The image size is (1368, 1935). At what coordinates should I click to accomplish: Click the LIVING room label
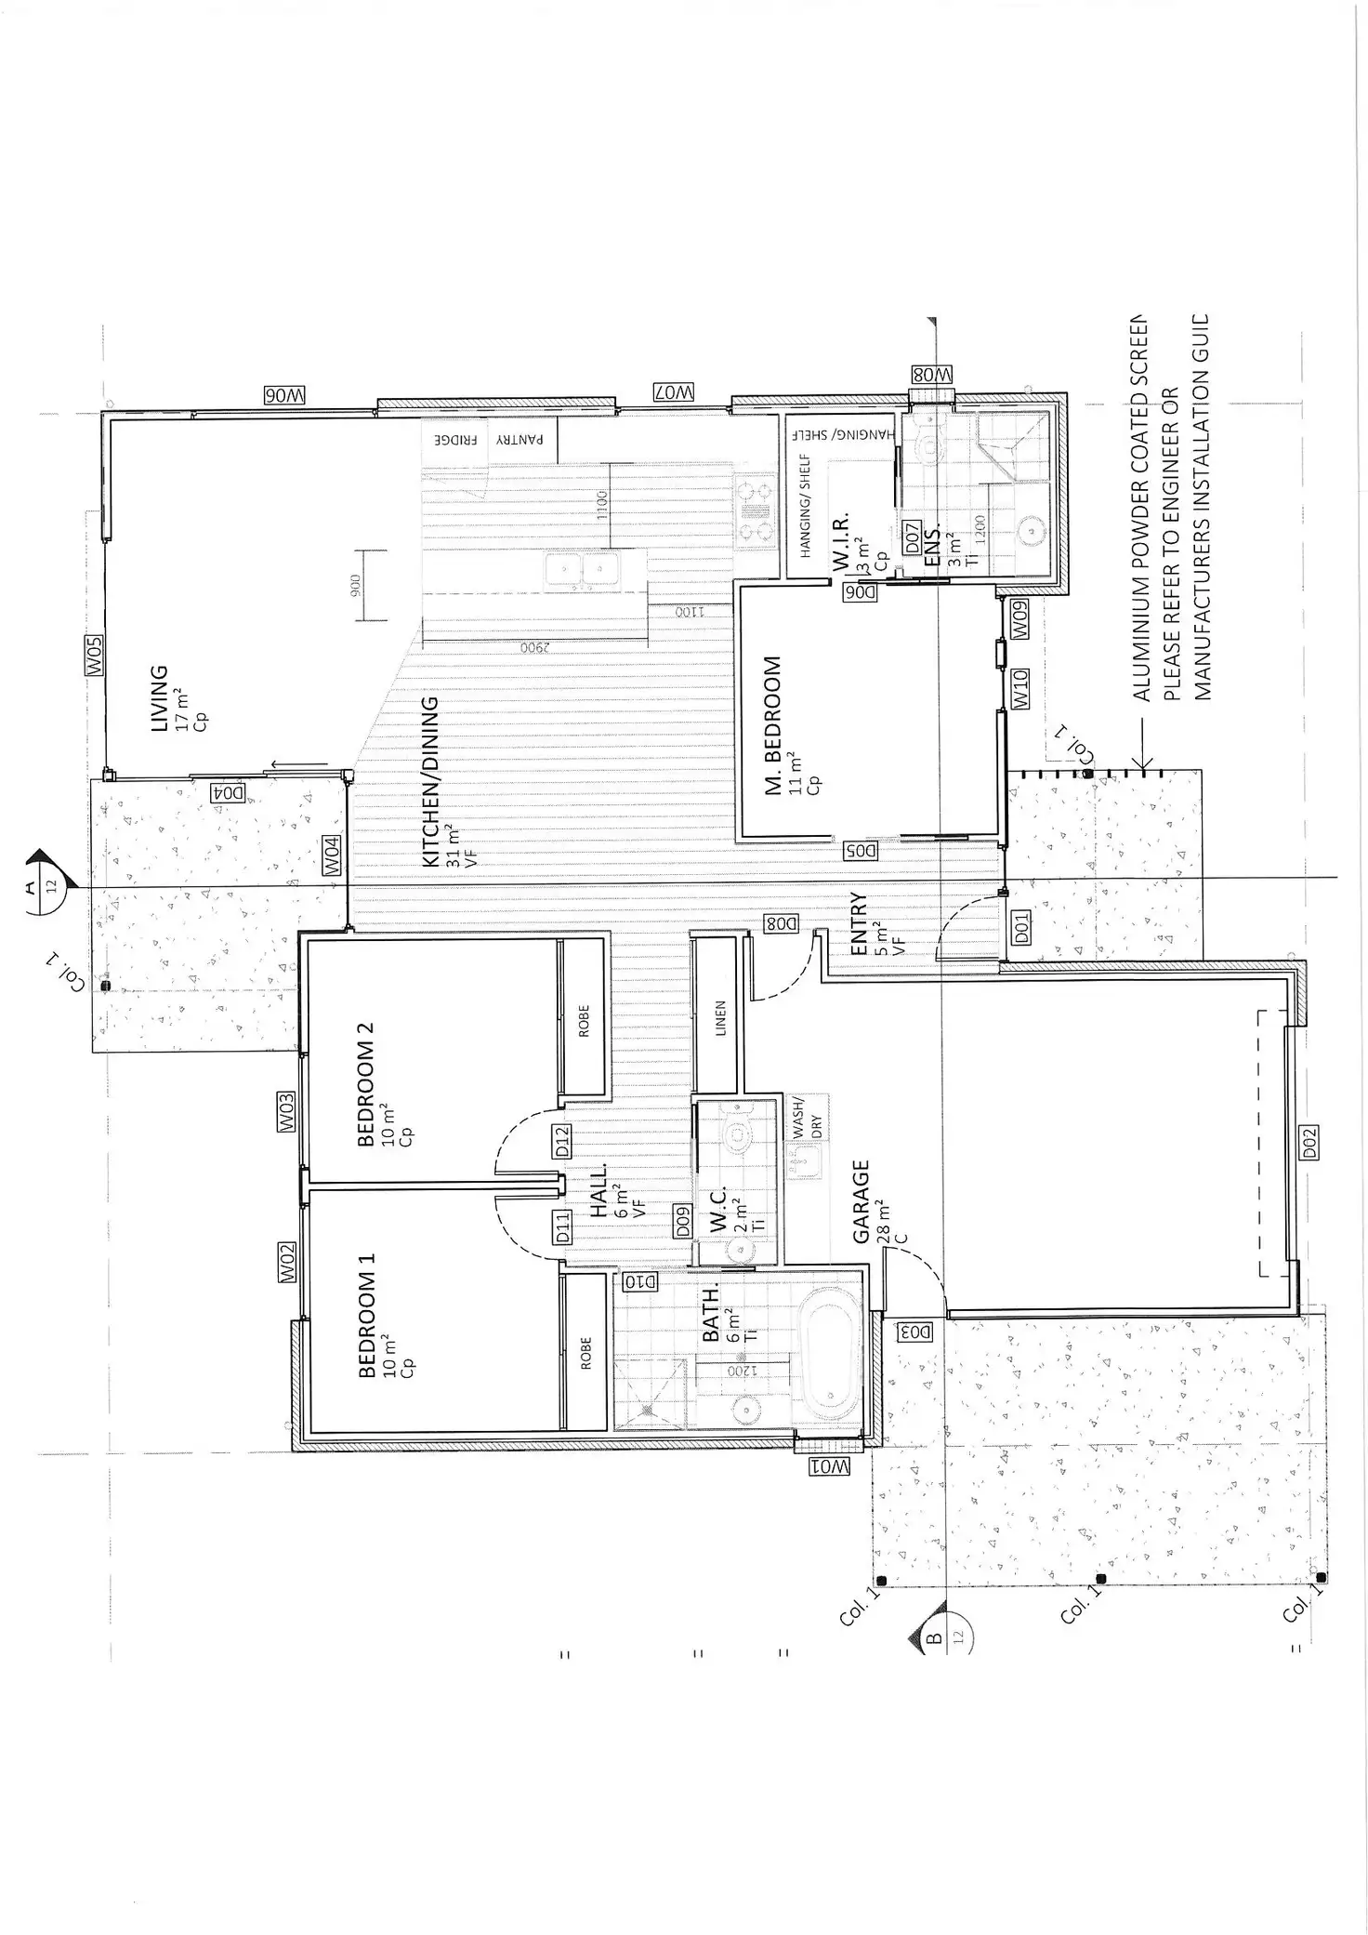click(159, 697)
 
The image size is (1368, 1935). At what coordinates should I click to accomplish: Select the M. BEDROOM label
click(772, 726)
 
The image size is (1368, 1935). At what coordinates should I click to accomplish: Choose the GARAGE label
click(861, 1200)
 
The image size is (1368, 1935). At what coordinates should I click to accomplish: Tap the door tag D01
click(1020, 928)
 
